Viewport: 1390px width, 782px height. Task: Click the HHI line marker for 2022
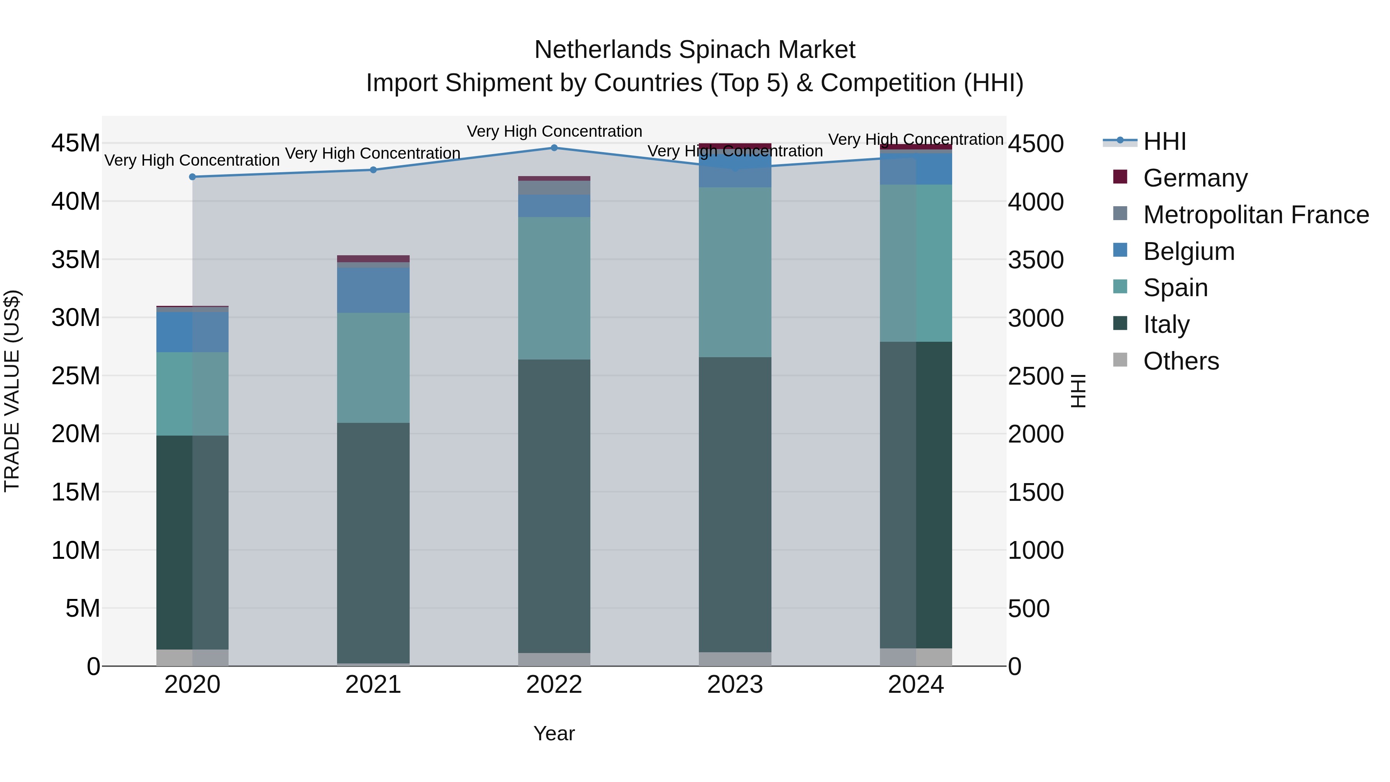click(554, 148)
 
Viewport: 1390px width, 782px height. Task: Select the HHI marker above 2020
click(193, 176)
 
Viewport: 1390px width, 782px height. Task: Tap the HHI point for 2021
click(373, 170)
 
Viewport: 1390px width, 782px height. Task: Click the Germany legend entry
click(1195, 178)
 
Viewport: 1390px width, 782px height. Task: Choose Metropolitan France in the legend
click(1256, 215)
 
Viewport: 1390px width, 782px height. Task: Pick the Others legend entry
click(1181, 361)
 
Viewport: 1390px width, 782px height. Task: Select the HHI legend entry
click(1165, 141)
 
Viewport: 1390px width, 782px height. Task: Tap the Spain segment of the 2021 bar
click(373, 368)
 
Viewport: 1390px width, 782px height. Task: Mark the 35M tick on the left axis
click(76, 260)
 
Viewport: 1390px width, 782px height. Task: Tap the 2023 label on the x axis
click(735, 685)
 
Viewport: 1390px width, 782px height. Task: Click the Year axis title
click(554, 733)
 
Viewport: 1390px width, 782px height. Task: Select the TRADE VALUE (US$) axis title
click(12, 391)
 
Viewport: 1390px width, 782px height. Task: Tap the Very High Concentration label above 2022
click(554, 131)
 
